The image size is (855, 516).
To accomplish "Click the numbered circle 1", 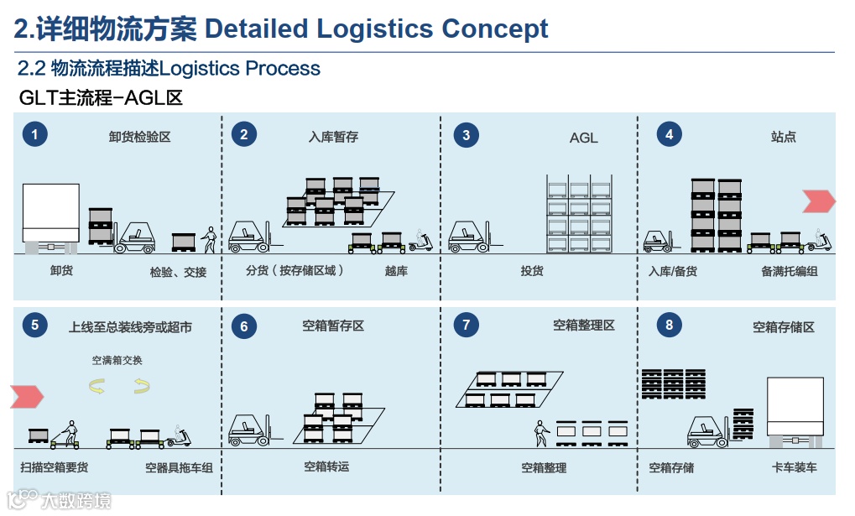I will point(34,134).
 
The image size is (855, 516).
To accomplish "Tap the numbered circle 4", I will point(669,134).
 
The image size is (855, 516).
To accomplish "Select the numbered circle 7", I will point(466,325).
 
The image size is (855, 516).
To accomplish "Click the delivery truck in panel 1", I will point(50,216).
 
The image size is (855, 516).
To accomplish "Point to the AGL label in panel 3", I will point(583,138).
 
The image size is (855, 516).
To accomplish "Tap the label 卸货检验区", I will point(139,137).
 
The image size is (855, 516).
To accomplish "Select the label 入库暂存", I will point(333,137).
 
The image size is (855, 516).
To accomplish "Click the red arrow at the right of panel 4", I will point(818,201).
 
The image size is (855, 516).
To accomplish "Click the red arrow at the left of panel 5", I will point(27,396).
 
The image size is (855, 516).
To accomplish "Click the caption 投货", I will point(532,271).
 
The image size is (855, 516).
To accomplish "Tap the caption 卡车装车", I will point(794,467).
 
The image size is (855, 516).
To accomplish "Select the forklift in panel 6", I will point(249,428).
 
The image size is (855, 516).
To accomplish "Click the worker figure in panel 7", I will point(541,434).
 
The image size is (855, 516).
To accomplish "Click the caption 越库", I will point(396,271).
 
